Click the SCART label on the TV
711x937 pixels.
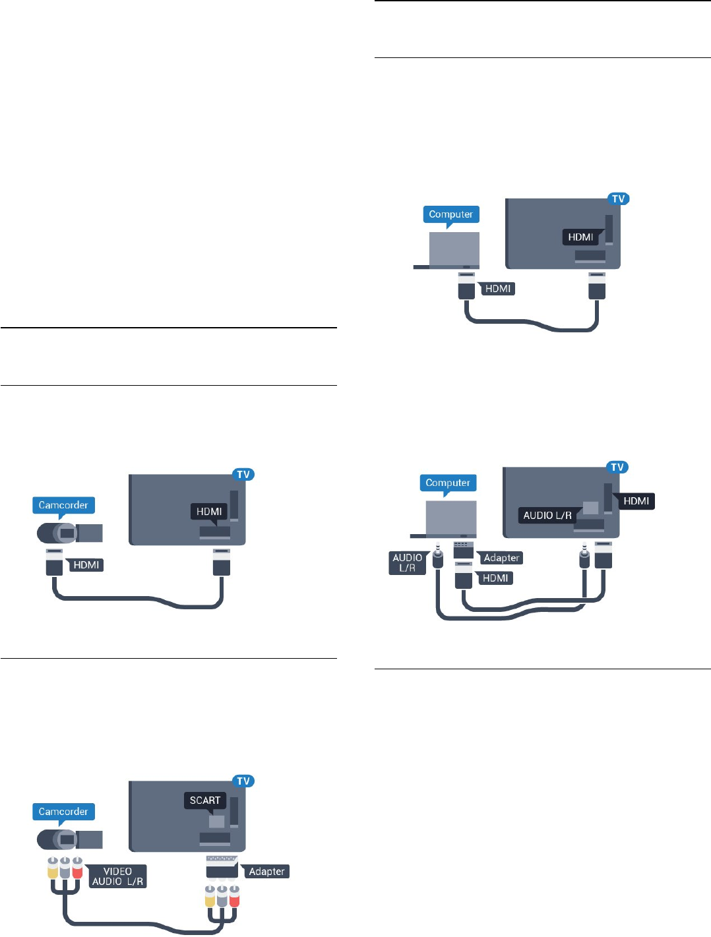pos(204,800)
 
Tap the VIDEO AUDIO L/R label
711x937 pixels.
pos(118,876)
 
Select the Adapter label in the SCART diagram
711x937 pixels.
pos(266,871)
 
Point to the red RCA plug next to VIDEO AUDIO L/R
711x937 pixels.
pos(77,867)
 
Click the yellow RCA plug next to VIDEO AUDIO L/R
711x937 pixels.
pos(53,867)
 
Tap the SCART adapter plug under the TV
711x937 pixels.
pos(222,866)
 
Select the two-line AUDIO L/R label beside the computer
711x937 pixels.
pos(407,562)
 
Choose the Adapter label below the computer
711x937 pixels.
pos(501,557)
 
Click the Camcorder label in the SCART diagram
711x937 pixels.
pos(63,811)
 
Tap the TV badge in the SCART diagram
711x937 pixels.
pos(243,781)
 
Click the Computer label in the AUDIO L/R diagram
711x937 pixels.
pos(448,483)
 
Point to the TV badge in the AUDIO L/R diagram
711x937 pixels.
pos(617,467)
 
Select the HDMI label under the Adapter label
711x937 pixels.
pos(495,578)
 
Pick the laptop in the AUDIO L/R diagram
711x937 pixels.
pos(443,519)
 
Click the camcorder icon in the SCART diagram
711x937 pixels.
pos(70,839)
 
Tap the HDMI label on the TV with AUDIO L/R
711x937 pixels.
pos(636,500)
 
